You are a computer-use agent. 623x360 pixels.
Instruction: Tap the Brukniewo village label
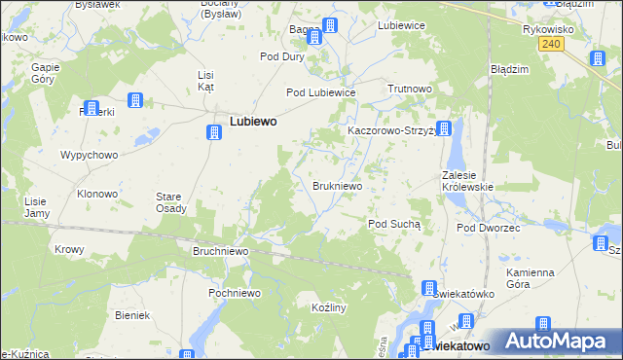tap(338, 185)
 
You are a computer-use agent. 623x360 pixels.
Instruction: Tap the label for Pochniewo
tap(233, 292)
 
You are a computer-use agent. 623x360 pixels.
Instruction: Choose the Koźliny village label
tap(322, 306)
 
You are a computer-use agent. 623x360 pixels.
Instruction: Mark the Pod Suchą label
tap(393, 224)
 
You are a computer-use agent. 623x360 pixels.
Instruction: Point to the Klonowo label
tap(97, 194)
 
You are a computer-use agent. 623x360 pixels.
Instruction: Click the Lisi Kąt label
tap(205, 81)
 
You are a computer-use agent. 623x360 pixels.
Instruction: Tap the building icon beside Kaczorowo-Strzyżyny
tap(444, 128)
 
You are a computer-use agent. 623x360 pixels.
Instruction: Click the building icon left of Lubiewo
tap(213, 132)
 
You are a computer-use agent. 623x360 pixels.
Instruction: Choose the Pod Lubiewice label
tap(320, 92)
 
